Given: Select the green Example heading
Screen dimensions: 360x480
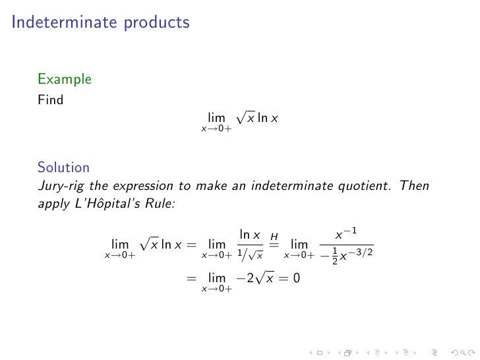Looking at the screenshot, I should coord(64,80).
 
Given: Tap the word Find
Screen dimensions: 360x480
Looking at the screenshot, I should coord(50,101).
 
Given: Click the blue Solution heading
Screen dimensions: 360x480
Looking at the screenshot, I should coord(63,167).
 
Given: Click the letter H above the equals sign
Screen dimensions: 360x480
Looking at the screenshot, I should coord(274,236).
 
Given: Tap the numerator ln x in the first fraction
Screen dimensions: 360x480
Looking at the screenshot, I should coord(249,235).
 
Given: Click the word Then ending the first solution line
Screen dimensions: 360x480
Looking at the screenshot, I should coord(414,186).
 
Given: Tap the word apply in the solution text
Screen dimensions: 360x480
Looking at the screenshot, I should coord(53,204).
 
